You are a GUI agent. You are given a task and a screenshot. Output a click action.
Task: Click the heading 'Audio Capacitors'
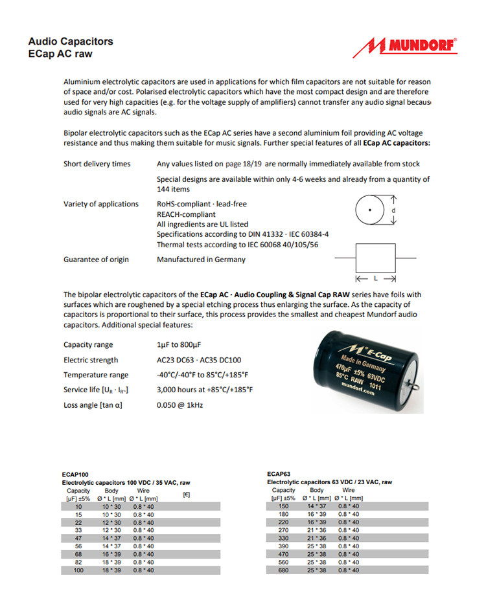pyautogui.click(x=71, y=41)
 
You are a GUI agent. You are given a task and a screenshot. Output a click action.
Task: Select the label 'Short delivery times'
pyautogui.click(x=97, y=164)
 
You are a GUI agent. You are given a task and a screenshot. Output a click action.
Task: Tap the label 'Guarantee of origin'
pyautogui.click(x=96, y=260)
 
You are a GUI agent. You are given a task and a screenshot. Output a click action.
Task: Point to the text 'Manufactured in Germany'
pyautogui.click(x=201, y=260)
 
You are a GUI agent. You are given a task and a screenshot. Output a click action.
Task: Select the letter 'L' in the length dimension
pyautogui.click(x=376, y=278)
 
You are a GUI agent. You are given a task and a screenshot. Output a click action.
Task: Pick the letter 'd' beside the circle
pyautogui.click(x=393, y=211)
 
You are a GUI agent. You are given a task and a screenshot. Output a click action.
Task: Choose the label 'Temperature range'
pyautogui.click(x=96, y=375)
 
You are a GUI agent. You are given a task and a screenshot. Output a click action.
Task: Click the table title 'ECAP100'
pyautogui.click(x=75, y=474)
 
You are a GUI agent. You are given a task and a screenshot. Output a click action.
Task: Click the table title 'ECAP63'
pyautogui.click(x=279, y=474)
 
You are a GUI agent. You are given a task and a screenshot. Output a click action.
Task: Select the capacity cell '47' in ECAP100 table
pyautogui.click(x=78, y=538)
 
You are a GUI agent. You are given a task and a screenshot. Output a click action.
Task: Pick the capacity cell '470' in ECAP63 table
pyautogui.click(x=283, y=554)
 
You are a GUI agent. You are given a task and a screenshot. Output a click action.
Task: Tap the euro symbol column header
pyautogui.click(x=187, y=495)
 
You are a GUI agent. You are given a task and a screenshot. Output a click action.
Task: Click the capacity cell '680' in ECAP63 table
pyautogui.click(x=283, y=570)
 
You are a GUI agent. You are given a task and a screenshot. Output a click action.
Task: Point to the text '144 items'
pyautogui.click(x=174, y=189)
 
